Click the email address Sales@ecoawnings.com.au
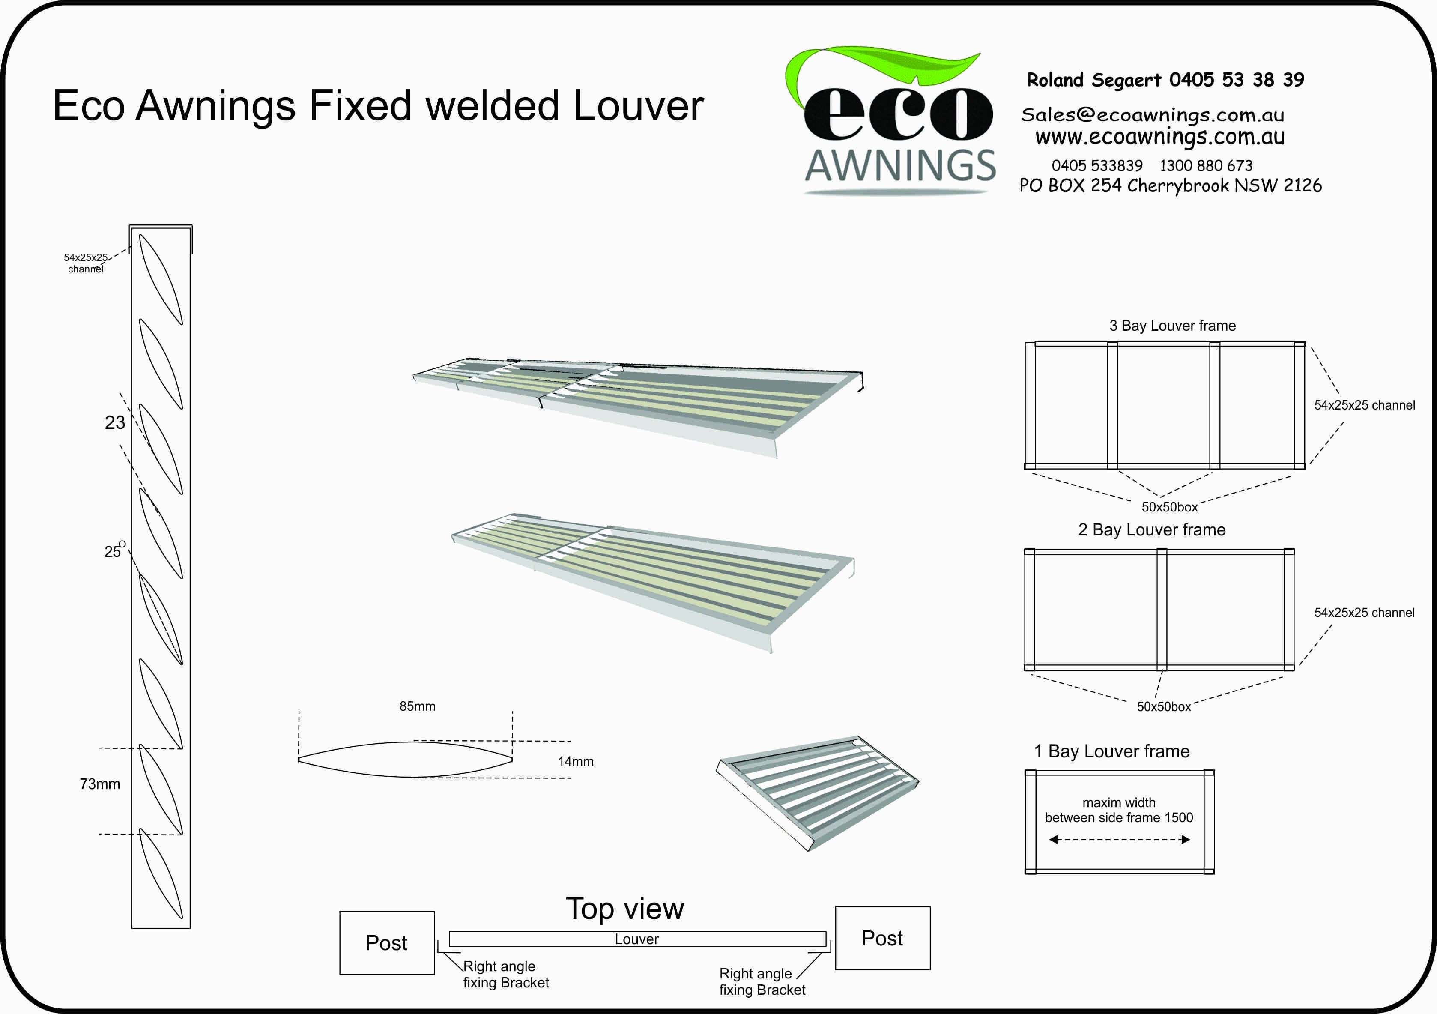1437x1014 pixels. coord(1153,114)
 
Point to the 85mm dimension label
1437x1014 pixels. coord(418,706)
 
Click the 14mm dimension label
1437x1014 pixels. coord(576,762)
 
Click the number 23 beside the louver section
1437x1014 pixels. coord(115,422)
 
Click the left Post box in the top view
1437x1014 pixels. coord(387,942)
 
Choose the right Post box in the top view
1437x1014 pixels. coord(882,938)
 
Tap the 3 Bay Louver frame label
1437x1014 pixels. coord(1173,326)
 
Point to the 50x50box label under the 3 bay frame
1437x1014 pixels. coord(1170,507)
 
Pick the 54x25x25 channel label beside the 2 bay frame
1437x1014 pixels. coord(1364,613)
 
